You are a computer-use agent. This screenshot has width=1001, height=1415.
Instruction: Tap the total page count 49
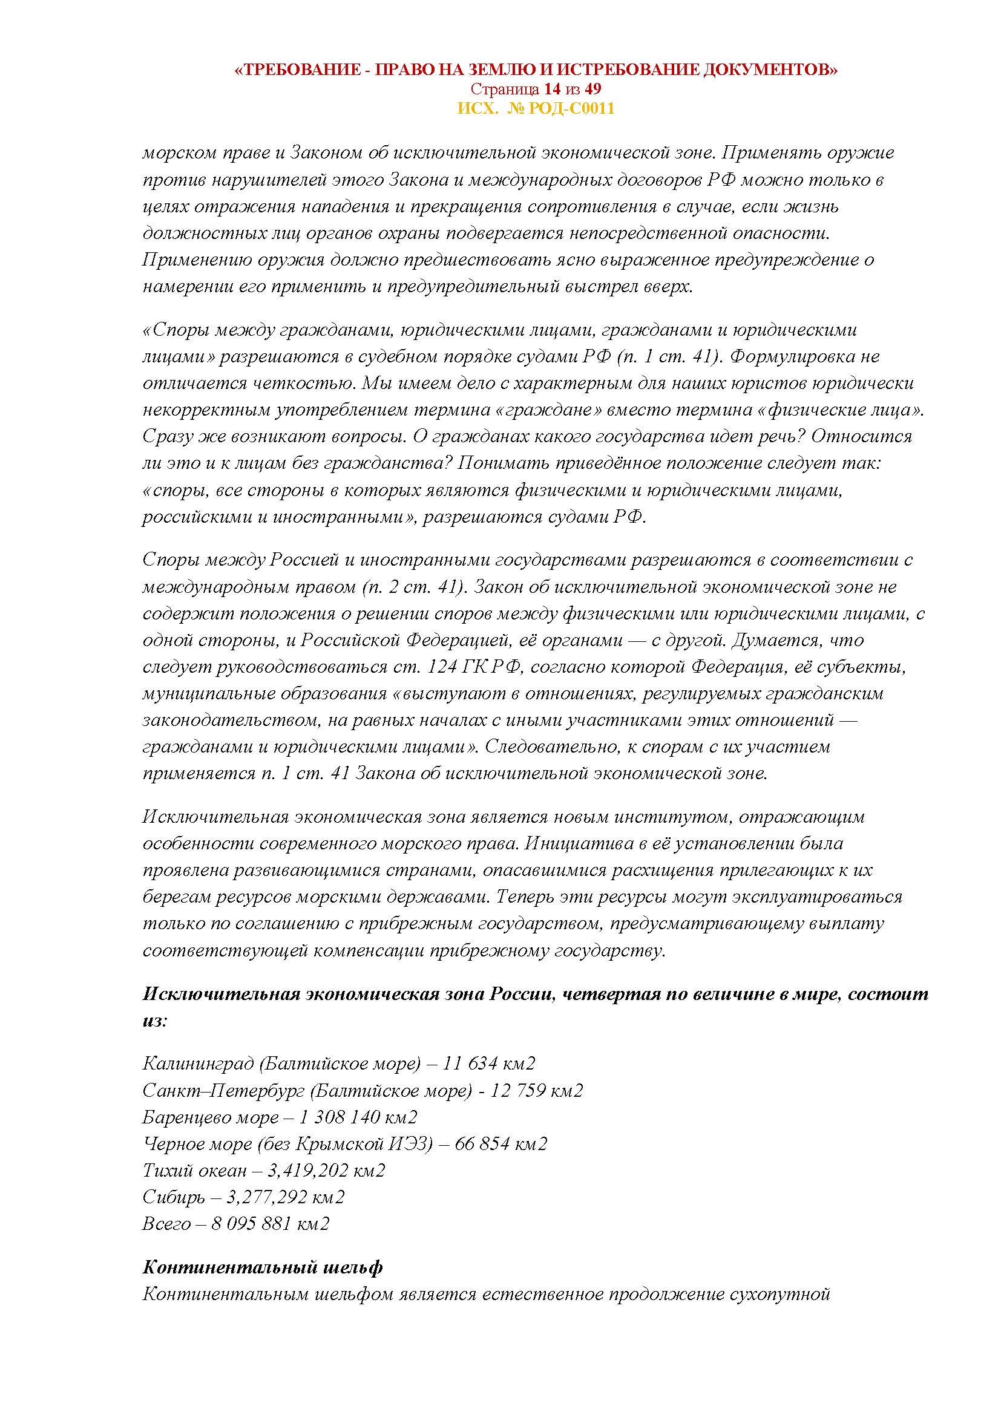point(592,90)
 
